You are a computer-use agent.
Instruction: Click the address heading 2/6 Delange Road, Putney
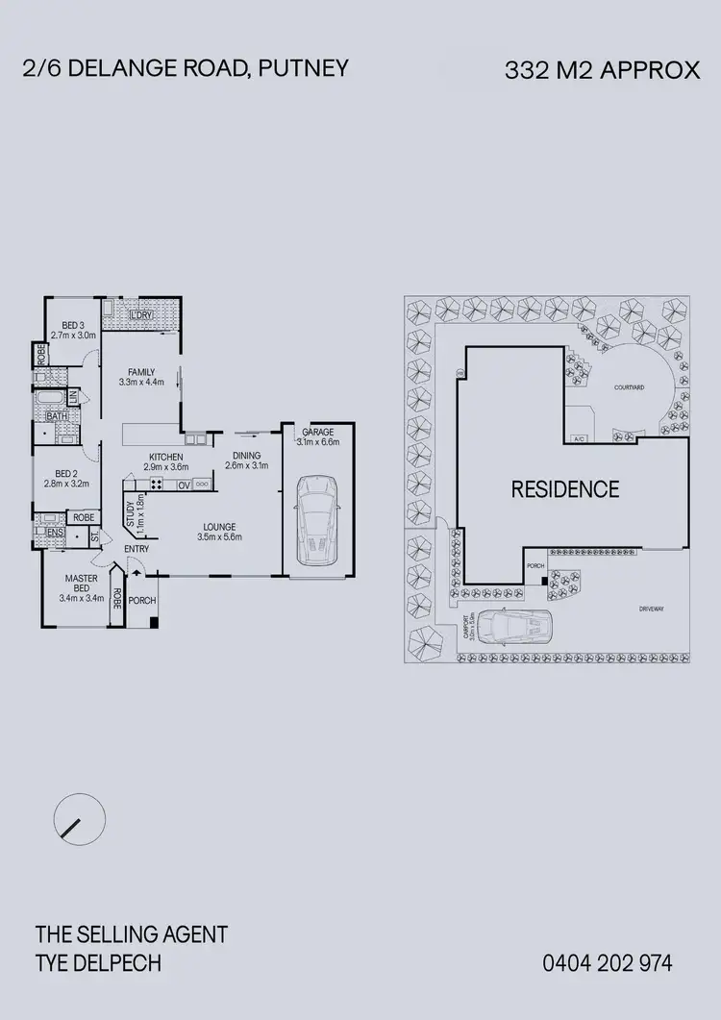coord(185,68)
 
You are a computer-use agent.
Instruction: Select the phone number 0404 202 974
coord(608,962)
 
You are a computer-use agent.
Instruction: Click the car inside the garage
coord(316,519)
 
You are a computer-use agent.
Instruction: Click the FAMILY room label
coord(141,371)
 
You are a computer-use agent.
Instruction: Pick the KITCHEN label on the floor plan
coord(165,457)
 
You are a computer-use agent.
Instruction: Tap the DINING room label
coord(247,457)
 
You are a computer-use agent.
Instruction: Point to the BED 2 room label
coord(66,474)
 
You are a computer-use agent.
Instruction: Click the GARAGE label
coord(317,433)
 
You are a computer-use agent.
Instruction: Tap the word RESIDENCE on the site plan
coord(565,489)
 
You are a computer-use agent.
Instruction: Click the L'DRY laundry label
coord(142,315)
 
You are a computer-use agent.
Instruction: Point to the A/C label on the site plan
coord(579,438)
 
